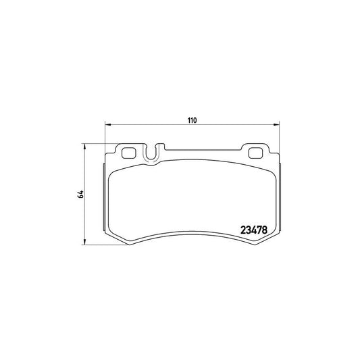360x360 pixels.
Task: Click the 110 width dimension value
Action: [x=192, y=120]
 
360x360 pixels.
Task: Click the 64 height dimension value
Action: [x=80, y=194]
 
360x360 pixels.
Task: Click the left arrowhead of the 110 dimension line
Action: [x=107, y=125]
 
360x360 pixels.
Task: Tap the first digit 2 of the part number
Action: [x=244, y=230]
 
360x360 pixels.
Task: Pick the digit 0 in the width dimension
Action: [x=195, y=120]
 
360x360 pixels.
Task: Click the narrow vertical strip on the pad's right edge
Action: [x=278, y=196]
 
